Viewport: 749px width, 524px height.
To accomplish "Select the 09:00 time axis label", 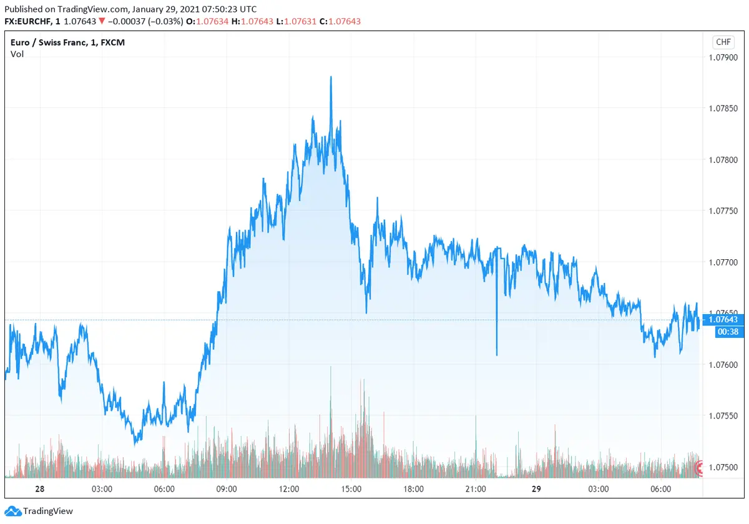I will click(226, 489).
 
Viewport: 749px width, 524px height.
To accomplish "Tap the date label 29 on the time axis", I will click(536, 489).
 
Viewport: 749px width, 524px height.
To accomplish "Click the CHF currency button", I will click(723, 42).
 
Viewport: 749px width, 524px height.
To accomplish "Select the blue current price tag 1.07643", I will click(723, 320).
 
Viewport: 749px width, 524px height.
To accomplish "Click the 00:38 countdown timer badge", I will click(723, 332).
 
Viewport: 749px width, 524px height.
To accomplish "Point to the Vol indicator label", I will click(17, 54).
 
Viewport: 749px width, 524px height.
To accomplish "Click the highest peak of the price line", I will click(331, 77).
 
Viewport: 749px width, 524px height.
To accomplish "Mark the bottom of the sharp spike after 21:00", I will click(497, 355).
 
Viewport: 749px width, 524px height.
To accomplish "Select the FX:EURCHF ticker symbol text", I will click(30, 22).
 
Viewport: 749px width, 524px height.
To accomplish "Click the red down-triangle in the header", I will click(102, 22).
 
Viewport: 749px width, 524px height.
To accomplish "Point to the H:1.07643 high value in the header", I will click(252, 22).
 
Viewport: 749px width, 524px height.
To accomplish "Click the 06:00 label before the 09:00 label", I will click(164, 489).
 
